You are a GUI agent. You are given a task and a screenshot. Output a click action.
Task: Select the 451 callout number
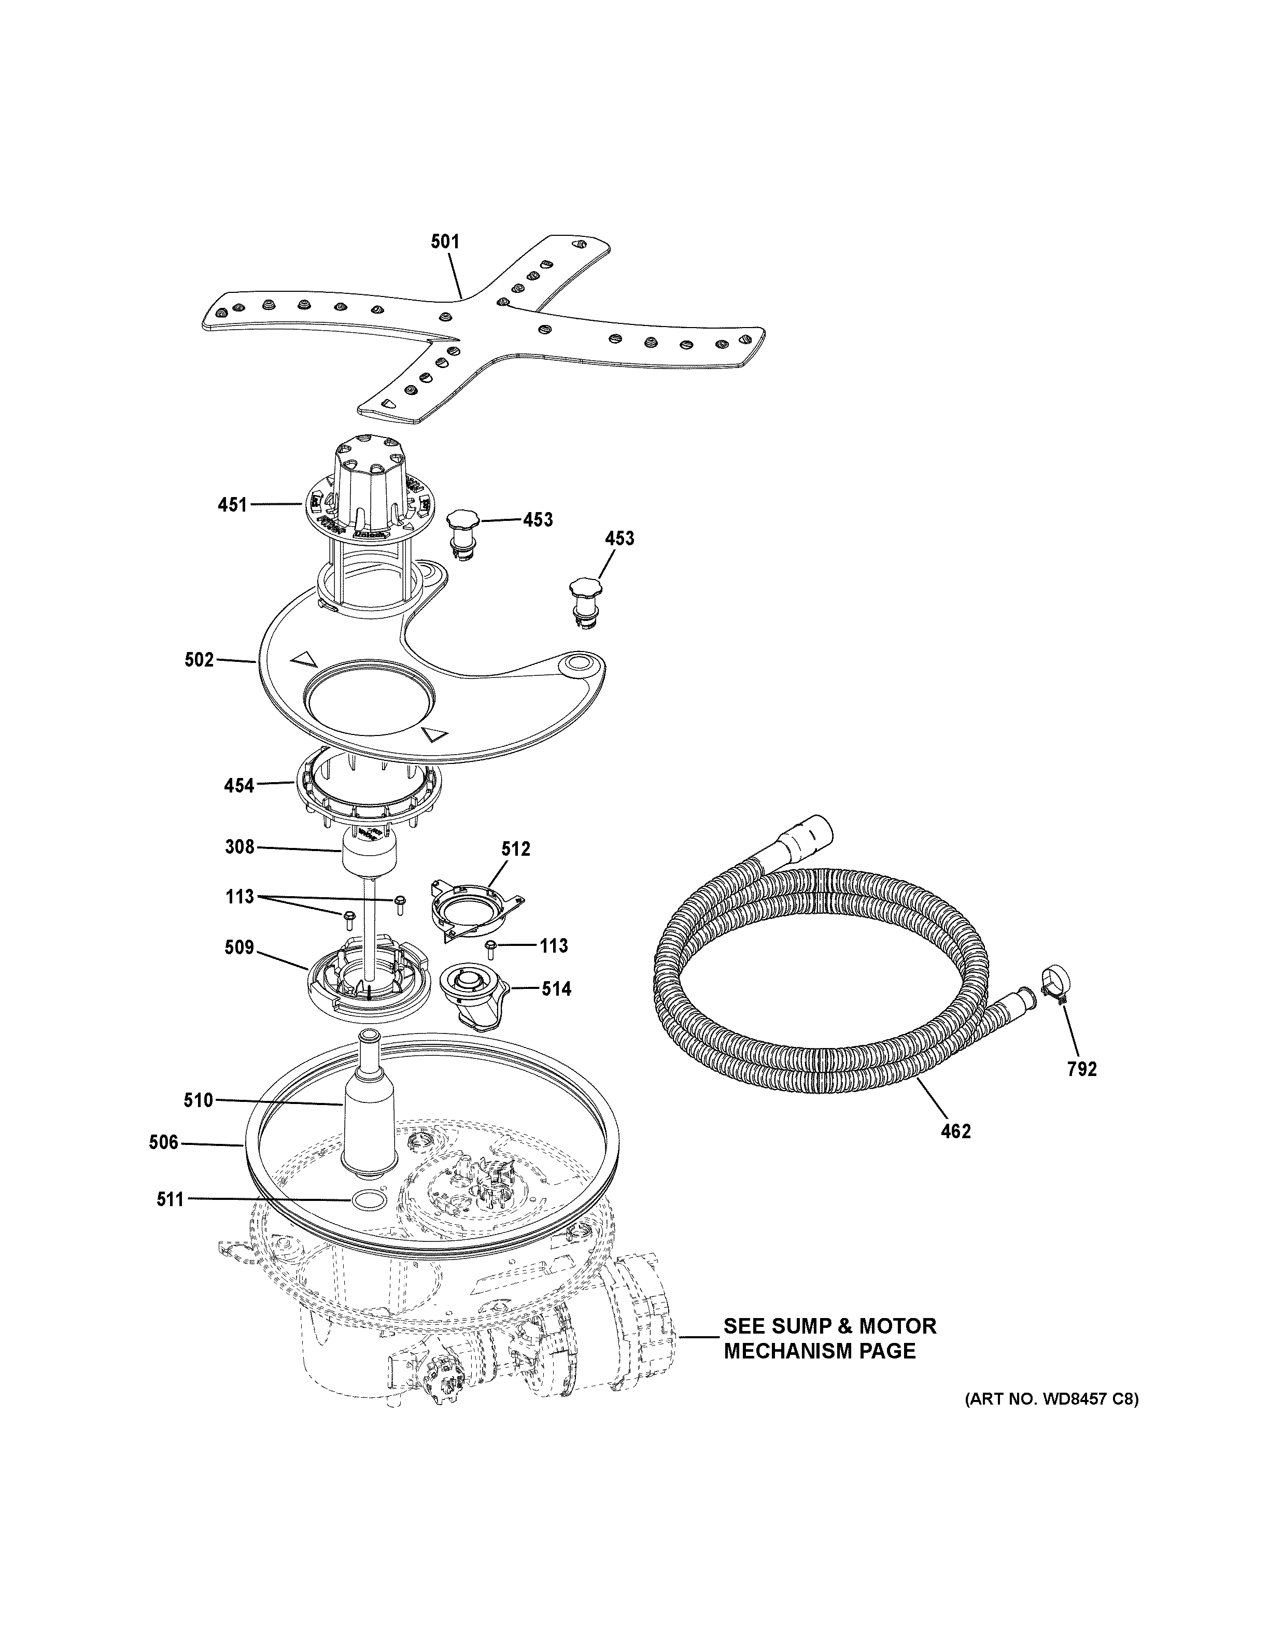tap(232, 504)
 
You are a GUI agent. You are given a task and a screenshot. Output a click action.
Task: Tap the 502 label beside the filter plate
tap(199, 660)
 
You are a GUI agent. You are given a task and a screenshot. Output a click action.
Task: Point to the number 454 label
tap(239, 786)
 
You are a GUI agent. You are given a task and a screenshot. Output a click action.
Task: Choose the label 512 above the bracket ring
tap(516, 849)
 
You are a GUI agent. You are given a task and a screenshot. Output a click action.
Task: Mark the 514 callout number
tap(556, 989)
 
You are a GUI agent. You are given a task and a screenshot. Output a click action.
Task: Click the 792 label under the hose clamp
tap(1082, 1069)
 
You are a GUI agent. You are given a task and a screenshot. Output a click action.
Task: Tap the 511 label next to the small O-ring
tap(170, 1200)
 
